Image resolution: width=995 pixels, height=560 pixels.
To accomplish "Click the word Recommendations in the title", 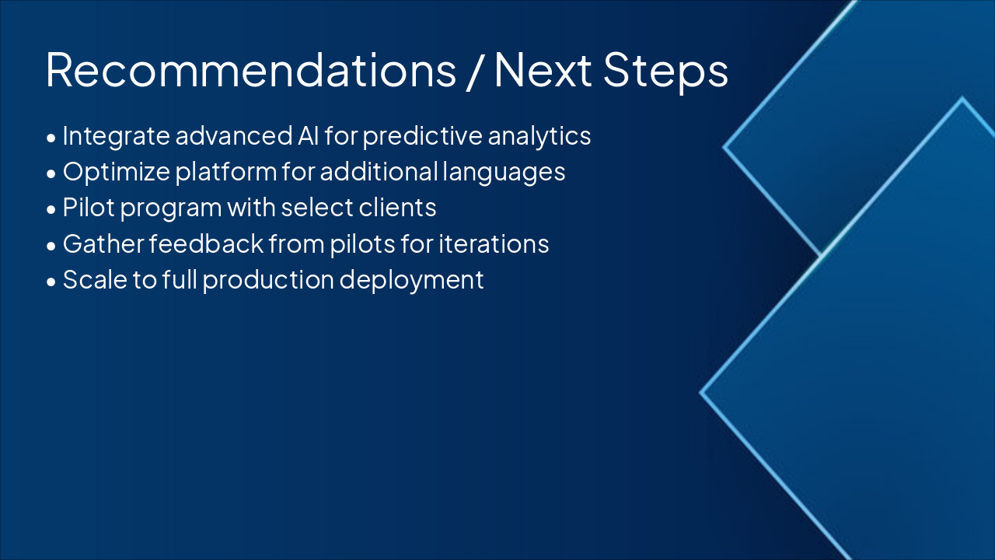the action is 251,70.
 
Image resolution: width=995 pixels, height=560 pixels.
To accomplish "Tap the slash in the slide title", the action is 475,71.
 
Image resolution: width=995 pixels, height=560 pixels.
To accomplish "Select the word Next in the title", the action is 543,70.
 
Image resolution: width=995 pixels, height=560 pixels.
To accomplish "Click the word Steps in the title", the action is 665,73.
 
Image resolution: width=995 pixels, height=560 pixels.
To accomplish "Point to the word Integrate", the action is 116,137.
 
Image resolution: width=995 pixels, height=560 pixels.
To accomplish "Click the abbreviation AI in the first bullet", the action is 308,136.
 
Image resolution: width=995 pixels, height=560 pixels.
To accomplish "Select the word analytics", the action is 539,137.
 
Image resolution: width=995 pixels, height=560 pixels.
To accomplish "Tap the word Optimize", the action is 117,173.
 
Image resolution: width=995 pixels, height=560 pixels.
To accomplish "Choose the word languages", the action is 504,173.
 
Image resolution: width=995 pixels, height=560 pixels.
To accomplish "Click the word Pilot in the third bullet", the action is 89,208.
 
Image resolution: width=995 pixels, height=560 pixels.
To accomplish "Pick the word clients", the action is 397,208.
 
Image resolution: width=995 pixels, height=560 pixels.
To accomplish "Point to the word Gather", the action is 103,243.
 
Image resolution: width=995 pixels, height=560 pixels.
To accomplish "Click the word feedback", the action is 206,243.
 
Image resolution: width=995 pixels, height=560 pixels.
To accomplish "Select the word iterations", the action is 494,243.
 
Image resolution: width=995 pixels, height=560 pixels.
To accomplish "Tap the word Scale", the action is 95,279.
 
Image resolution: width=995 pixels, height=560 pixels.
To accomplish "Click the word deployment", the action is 411,281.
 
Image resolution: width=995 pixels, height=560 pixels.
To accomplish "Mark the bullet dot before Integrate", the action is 51,138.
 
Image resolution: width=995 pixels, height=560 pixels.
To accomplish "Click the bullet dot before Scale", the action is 51,282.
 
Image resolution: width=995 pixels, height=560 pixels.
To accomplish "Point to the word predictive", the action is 422,137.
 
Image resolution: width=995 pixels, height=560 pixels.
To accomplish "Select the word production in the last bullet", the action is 268,281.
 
